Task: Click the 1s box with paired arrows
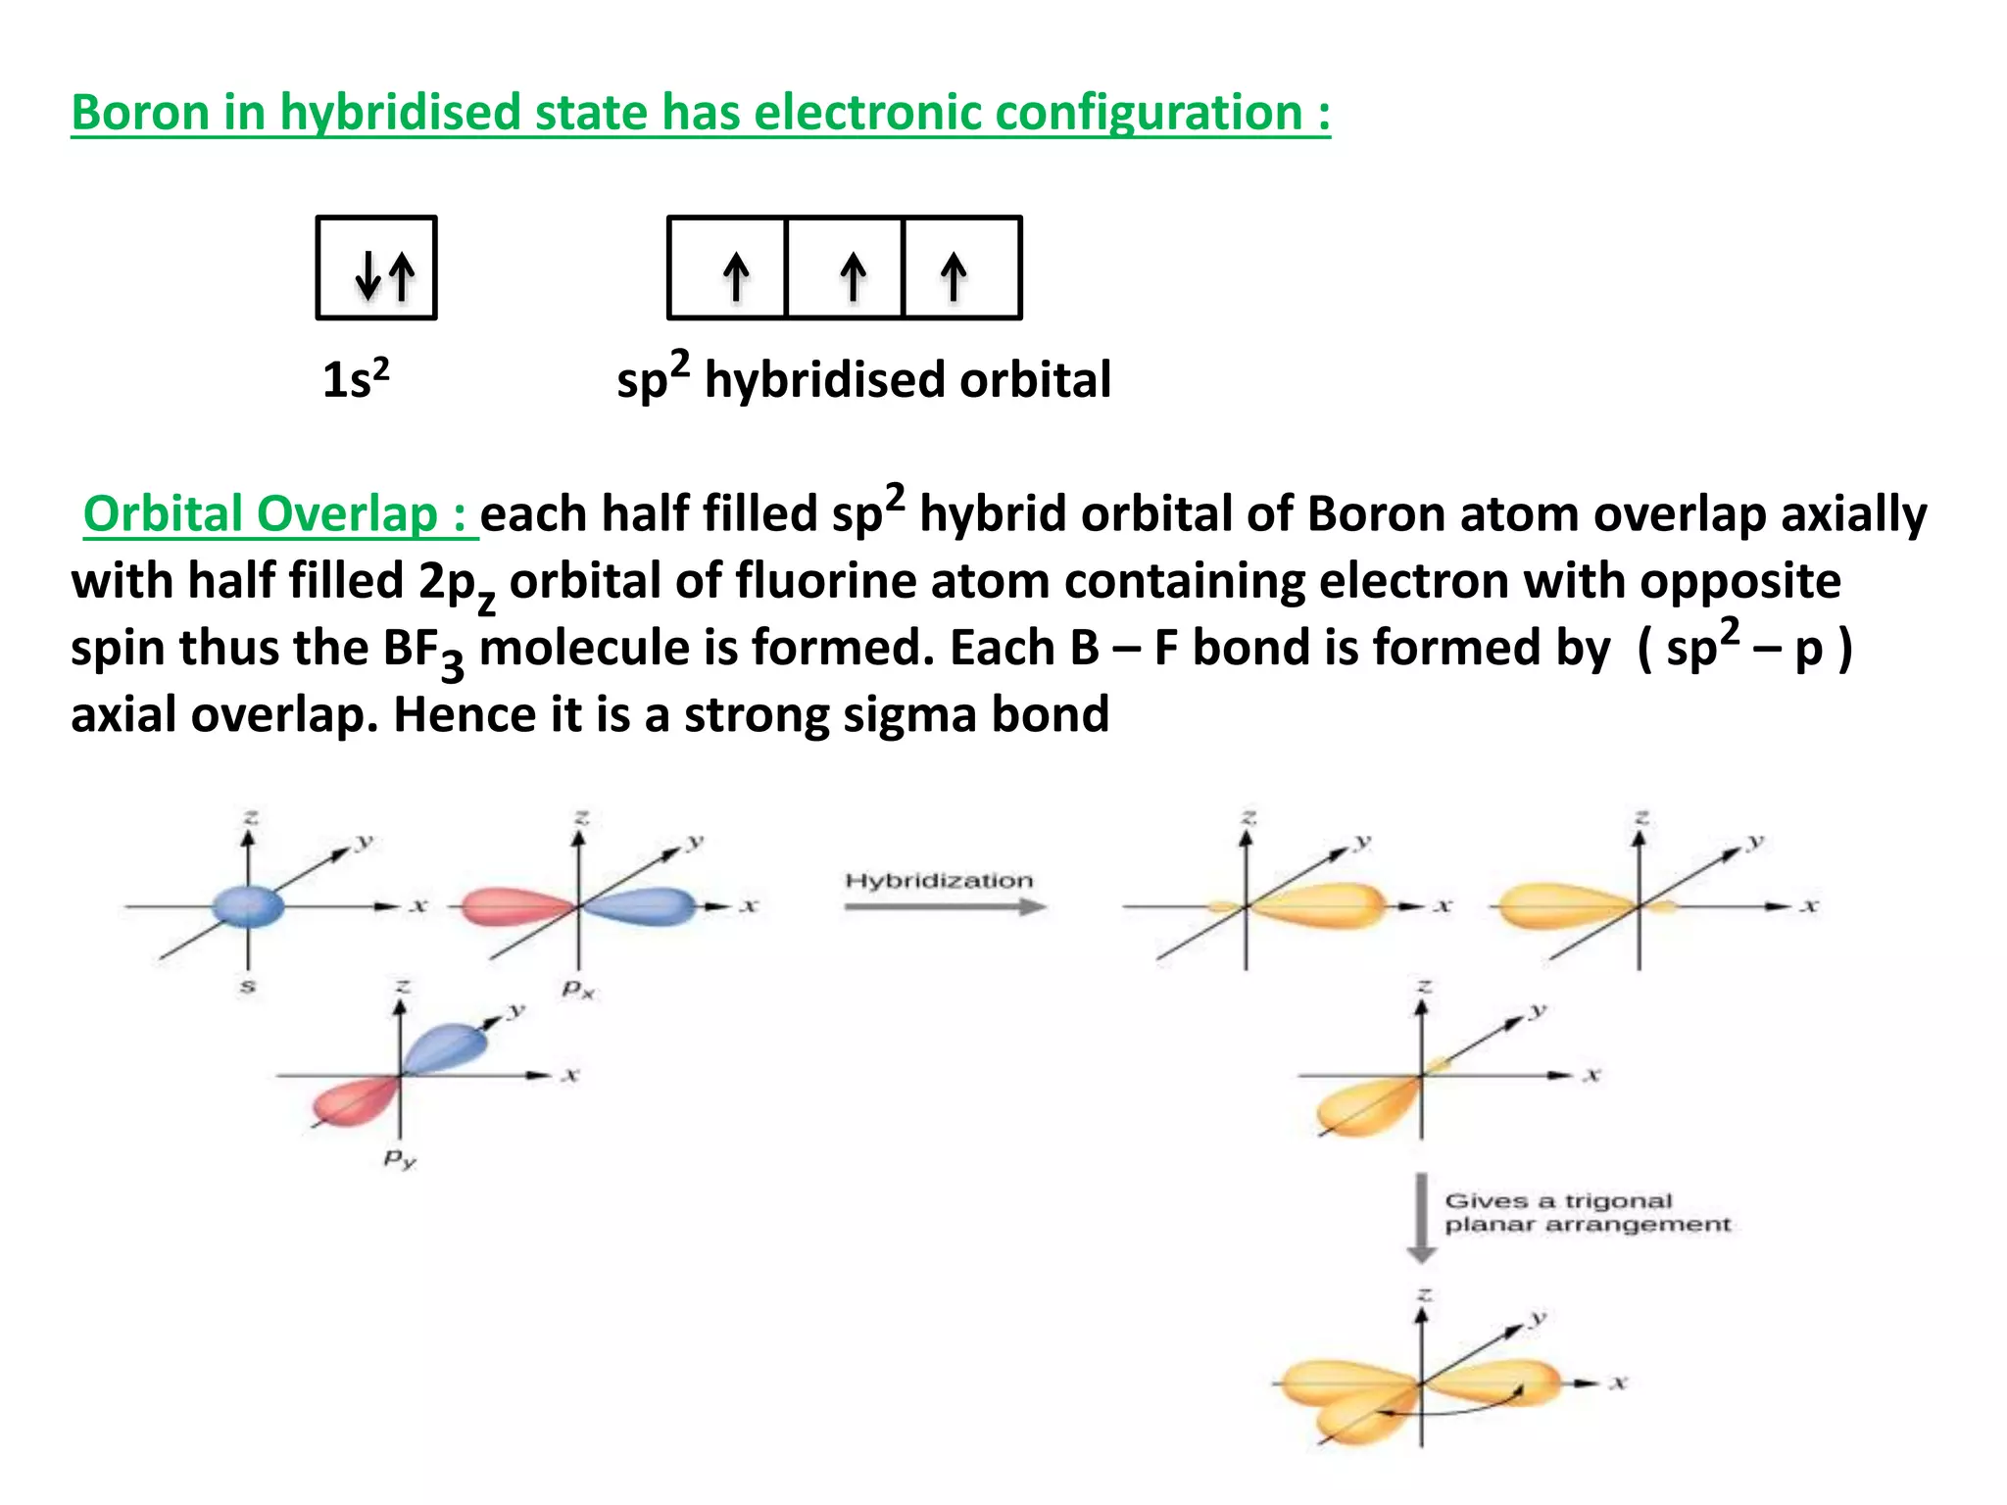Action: [x=376, y=267]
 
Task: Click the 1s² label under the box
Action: [x=356, y=379]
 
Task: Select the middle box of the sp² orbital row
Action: [x=844, y=267]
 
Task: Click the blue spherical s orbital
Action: [x=248, y=905]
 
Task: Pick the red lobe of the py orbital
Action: [x=353, y=1102]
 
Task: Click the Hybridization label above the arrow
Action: [x=939, y=880]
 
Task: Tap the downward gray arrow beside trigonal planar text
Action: [x=1421, y=1218]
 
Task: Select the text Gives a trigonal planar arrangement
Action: [x=1588, y=1213]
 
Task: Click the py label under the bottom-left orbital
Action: [x=399, y=1160]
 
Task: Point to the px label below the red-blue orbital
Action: [x=577, y=990]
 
